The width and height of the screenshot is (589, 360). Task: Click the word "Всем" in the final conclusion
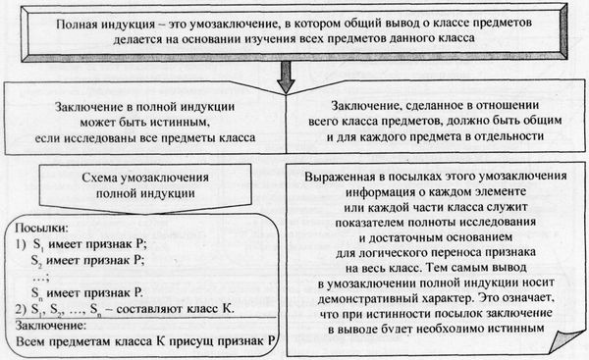(x=31, y=341)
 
